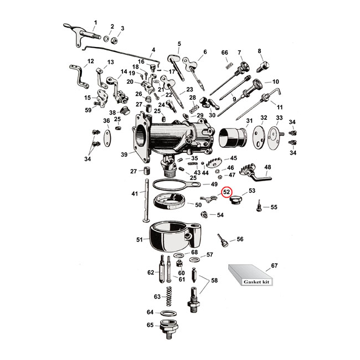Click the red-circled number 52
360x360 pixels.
227,193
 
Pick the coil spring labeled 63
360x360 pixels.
171,297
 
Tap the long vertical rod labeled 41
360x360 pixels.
148,199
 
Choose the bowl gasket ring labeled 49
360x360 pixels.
172,185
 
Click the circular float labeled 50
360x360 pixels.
171,204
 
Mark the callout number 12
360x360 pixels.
91,61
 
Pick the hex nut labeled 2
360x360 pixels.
112,38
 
